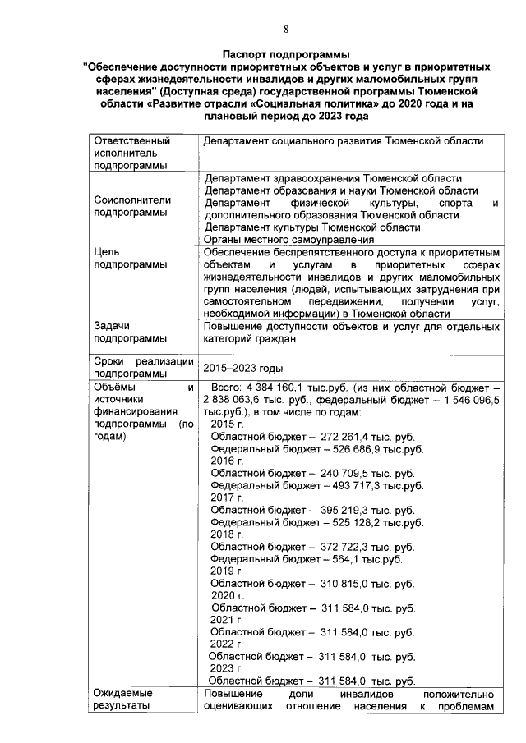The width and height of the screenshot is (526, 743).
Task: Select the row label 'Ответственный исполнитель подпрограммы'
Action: [x=131, y=154]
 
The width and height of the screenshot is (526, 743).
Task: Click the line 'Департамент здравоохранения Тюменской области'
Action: [x=333, y=178]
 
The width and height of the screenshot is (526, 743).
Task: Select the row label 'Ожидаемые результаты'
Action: [x=122, y=699]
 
